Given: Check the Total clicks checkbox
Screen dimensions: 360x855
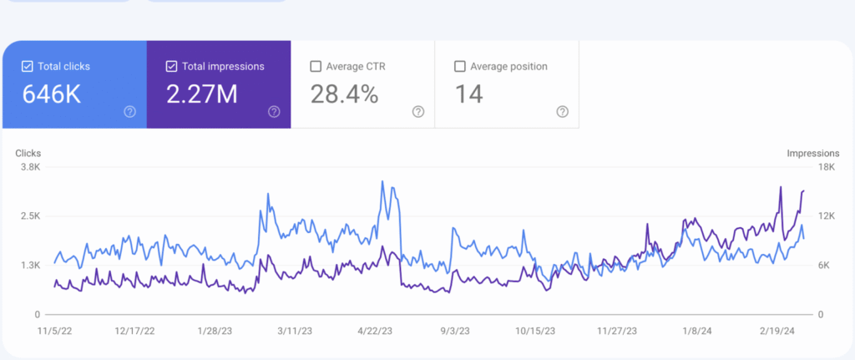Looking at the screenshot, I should coord(28,66).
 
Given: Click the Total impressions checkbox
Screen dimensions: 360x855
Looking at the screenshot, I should coord(171,66).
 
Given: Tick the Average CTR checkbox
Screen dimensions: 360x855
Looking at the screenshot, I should coord(316,66).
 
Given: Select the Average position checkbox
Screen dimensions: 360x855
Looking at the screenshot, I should coord(459,66).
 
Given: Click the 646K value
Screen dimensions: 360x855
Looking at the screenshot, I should coord(52,94).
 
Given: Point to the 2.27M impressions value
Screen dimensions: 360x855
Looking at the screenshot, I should coord(201,94).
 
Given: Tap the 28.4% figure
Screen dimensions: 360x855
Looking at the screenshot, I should coord(344,94).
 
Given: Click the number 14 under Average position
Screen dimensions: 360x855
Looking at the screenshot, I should coord(468,94).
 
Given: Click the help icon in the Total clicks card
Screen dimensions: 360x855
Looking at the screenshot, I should coord(129,112).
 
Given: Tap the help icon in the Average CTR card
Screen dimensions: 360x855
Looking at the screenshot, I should coord(418,112).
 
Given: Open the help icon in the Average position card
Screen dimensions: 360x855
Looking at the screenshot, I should coord(563,112).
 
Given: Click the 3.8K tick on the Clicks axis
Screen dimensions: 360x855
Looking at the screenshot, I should coord(30,167).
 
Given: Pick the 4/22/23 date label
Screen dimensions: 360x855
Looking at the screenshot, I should coord(376,331).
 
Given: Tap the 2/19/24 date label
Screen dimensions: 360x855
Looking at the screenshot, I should coord(778,331).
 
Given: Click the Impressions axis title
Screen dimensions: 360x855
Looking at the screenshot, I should coord(812,154).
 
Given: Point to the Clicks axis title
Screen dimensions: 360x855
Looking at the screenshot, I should coord(28,154).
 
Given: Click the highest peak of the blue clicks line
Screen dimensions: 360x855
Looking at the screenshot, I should coord(382,181).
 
